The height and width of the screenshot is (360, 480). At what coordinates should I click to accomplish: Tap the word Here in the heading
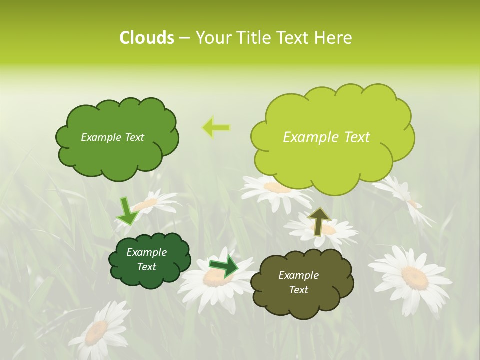(333, 38)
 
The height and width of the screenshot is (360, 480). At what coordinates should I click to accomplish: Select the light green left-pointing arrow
(216, 127)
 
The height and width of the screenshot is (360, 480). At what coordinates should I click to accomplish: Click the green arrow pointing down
(128, 211)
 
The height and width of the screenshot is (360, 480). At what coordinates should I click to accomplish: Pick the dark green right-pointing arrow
(224, 266)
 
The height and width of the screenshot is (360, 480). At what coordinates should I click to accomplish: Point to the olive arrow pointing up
(319, 221)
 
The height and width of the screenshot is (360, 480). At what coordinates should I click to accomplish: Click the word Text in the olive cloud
(299, 290)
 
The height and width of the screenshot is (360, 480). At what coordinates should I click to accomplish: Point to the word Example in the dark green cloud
(146, 252)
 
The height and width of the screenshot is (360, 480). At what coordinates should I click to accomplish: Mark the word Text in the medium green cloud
(133, 137)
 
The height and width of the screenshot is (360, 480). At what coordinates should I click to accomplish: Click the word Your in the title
(212, 38)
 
